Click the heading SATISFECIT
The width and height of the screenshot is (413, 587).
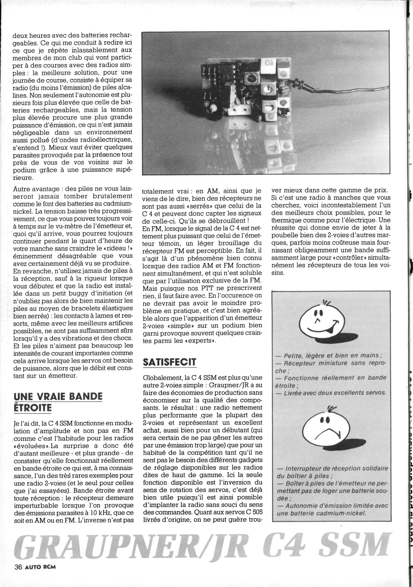169,362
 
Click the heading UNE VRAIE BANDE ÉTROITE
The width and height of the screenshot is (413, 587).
58,402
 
